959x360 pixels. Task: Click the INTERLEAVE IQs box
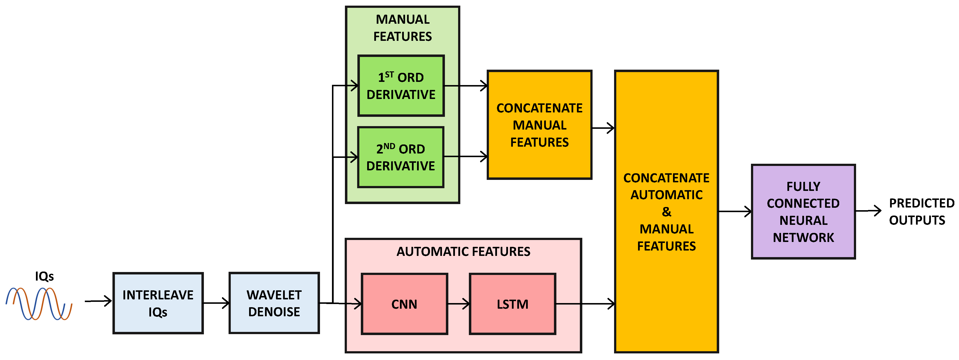click(x=158, y=303)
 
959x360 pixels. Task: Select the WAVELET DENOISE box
click(x=274, y=303)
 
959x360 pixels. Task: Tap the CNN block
click(x=404, y=304)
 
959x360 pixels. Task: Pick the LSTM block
click(x=512, y=304)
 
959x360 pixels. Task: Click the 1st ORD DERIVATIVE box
click(x=401, y=86)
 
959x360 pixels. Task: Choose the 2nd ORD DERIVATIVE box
click(x=401, y=157)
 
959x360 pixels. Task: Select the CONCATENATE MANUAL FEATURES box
click(x=540, y=125)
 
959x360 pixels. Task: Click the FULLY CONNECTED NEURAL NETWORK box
click(x=803, y=211)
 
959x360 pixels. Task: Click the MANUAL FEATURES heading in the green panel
click(x=402, y=28)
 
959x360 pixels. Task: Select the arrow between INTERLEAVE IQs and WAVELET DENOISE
click(x=216, y=303)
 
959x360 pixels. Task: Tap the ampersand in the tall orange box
click(x=666, y=212)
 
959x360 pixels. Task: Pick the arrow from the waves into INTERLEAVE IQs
click(x=98, y=301)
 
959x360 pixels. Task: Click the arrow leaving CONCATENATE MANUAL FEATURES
click(x=603, y=128)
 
